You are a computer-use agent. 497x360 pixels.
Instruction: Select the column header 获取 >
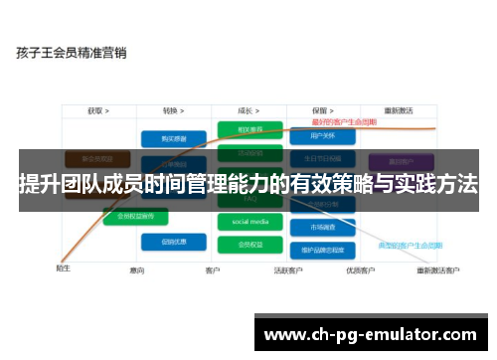tap(97, 110)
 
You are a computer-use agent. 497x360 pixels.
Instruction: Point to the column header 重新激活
tap(398, 110)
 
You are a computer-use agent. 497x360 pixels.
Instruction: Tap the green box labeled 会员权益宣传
tap(135, 215)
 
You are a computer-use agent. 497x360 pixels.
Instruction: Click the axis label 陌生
tap(63, 268)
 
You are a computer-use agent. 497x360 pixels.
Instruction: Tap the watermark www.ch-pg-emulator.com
tap(372, 333)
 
